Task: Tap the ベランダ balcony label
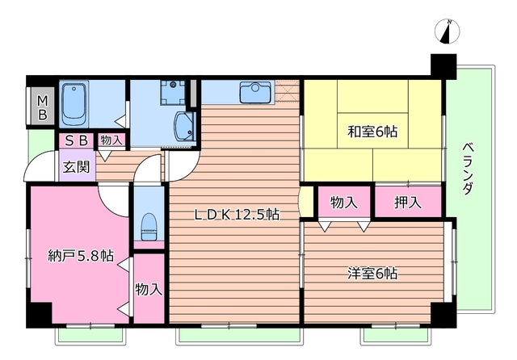click(x=469, y=167)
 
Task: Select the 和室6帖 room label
click(x=372, y=131)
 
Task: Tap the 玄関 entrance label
click(x=76, y=169)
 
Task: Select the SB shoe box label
click(x=77, y=140)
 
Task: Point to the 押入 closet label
click(x=409, y=203)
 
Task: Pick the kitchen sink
click(x=254, y=91)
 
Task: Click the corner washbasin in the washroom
click(x=185, y=125)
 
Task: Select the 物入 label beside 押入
click(x=345, y=203)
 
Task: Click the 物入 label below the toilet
click(x=149, y=288)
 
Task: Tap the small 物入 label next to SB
click(x=111, y=140)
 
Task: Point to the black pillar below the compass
click(x=443, y=66)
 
